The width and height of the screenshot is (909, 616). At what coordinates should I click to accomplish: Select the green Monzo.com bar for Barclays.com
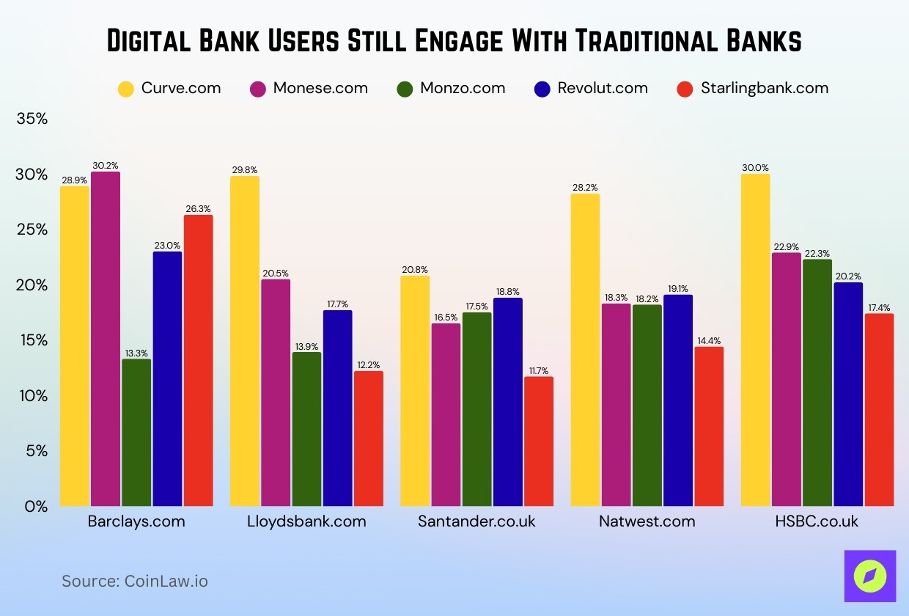[x=136, y=433]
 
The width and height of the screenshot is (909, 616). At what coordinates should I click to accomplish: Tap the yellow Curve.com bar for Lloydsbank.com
[x=245, y=341]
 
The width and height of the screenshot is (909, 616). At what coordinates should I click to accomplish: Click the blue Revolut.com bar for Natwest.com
[x=678, y=400]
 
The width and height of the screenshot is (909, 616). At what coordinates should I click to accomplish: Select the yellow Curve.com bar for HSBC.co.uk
[x=755, y=340]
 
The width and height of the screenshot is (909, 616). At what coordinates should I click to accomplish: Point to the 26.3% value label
[x=198, y=209]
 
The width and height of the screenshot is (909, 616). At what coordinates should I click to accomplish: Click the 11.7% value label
[x=539, y=371]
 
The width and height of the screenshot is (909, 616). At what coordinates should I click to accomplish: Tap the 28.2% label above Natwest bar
[x=585, y=188]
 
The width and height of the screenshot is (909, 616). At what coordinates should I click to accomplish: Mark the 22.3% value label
[x=817, y=253]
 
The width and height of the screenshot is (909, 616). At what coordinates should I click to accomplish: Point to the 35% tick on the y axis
[x=32, y=119]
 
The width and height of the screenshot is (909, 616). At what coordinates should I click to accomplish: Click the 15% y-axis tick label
[x=32, y=340]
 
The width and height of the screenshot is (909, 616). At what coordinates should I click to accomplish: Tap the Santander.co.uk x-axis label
[x=476, y=522]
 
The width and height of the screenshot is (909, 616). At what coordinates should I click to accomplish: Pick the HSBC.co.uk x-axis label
[x=817, y=522]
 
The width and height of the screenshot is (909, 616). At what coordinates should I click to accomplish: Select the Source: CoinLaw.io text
[x=135, y=582]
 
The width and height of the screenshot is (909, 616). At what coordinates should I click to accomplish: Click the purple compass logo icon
[x=869, y=576]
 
